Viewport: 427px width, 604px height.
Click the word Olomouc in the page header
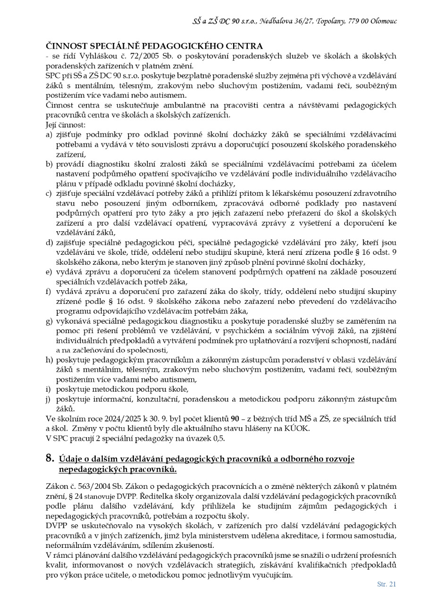(384, 21)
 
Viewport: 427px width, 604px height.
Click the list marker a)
(49, 135)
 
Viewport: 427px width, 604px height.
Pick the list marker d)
(49, 243)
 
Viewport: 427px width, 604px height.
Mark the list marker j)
(49, 399)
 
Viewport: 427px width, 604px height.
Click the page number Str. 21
(386, 584)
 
